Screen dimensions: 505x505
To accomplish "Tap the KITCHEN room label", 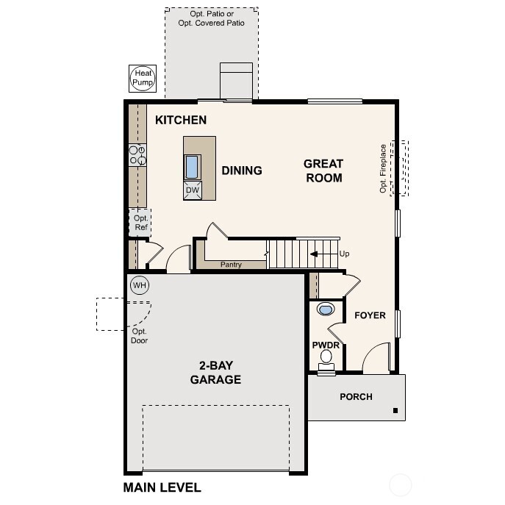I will [x=180, y=120].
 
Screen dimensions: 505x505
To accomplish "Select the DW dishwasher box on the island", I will [x=192, y=190].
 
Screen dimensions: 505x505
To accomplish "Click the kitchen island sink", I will [x=192, y=167].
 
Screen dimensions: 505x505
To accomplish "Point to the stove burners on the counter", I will [x=137, y=154].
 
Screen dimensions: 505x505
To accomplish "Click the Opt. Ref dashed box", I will [x=141, y=223].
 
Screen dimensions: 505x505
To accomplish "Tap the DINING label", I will [x=242, y=171].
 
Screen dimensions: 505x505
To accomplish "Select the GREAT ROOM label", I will [x=323, y=171].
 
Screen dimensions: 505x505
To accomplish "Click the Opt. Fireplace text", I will [x=382, y=168].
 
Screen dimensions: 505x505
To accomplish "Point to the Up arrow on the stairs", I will [x=320, y=254].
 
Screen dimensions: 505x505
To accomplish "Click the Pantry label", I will [x=231, y=264].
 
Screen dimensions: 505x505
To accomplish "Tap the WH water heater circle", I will [x=140, y=284].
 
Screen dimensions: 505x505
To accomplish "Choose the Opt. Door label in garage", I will [x=140, y=336].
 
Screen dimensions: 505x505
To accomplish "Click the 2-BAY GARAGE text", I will [x=215, y=373].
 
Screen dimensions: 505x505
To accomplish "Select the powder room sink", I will [x=326, y=309].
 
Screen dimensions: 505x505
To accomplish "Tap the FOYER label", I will [x=370, y=315].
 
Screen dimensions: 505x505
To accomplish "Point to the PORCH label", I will [x=356, y=397].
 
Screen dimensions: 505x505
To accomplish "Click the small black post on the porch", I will [x=395, y=410].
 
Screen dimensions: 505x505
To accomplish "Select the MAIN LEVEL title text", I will [x=162, y=487].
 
